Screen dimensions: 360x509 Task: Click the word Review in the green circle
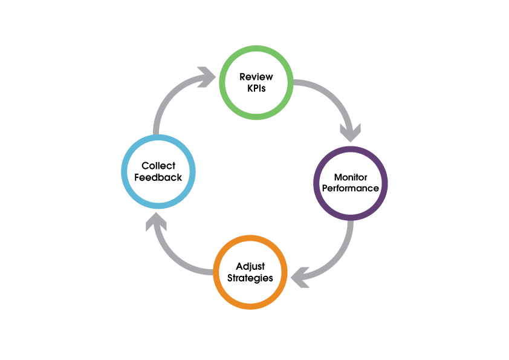pos(256,77)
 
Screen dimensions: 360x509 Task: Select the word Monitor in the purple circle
pos(350,177)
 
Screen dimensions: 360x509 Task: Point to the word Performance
pos(350,188)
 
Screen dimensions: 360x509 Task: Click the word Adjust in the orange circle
pos(250,267)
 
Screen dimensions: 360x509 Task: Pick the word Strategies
pos(250,278)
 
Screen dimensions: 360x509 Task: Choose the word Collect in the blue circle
pos(158,166)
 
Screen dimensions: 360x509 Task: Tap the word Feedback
pos(158,177)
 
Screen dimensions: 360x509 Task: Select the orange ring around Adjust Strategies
pos(250,239)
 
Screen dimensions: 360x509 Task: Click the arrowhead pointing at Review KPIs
pos(208,77)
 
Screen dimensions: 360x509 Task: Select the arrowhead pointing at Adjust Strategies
pos(299,277)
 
